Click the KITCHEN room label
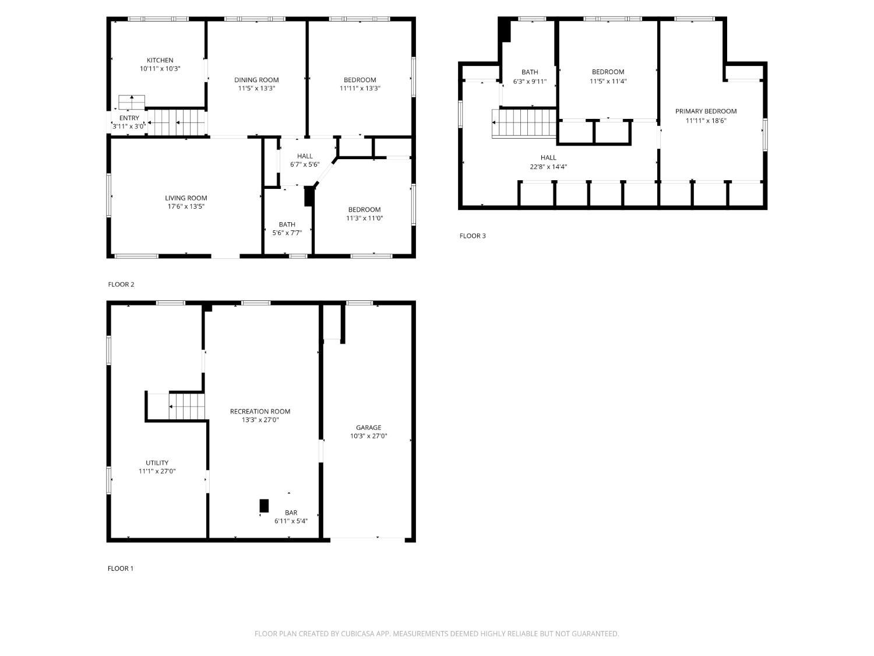pos(160,60)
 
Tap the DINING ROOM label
pos(256,80)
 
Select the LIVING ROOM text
pos(186,198)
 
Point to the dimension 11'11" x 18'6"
pos(706,120)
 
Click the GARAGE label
pos(369,427)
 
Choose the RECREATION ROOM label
pos(260,411)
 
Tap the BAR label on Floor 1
pos(291,512)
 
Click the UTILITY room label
pos(157,462)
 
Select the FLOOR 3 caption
pos(473,236)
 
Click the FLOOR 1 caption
pos(121,569)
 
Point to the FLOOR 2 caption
pos(121,285)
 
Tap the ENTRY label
pos(129,118)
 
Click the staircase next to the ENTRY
pos(177,122)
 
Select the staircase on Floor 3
pos(524,123)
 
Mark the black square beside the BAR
pos(264,506)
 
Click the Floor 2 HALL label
pos(305,156)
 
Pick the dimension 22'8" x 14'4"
pos(548,167)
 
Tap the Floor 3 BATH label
pos(530,72)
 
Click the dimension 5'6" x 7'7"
pos(287,233)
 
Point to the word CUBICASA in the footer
pos(358,633)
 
